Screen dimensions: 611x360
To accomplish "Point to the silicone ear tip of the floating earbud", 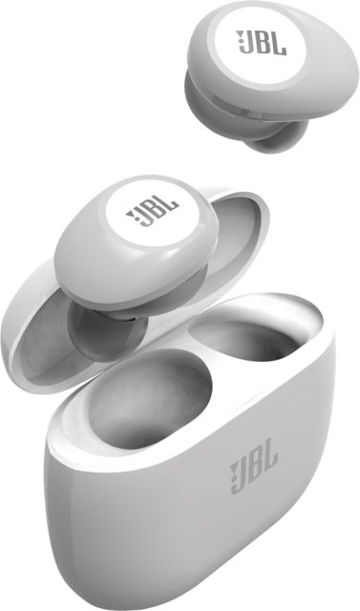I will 270,137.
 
